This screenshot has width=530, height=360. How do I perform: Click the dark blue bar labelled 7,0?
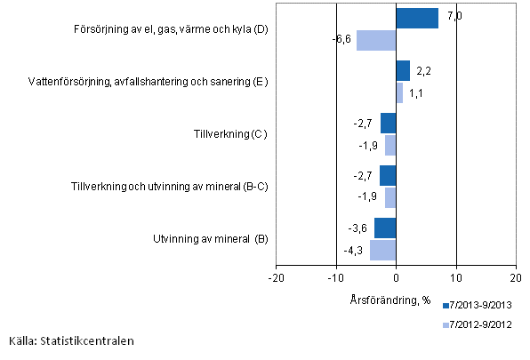click(417, 19)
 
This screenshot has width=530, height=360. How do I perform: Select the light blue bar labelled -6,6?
click(376, 40)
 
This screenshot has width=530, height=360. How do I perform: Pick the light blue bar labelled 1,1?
click(399, 92)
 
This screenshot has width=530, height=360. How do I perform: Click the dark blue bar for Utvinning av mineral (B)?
click(385, 228)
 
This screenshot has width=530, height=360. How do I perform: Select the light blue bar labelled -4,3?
click(383, 250)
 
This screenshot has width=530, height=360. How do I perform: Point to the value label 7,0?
click(454, 15)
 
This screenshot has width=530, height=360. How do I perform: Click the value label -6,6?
click(342, 40)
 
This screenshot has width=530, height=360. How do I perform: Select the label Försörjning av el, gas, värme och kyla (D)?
click(172, 30)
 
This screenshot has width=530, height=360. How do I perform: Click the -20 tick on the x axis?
click(276, 276)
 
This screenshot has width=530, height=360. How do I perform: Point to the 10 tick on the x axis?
click(457, 276)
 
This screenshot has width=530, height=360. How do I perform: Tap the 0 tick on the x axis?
click(397, 276)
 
